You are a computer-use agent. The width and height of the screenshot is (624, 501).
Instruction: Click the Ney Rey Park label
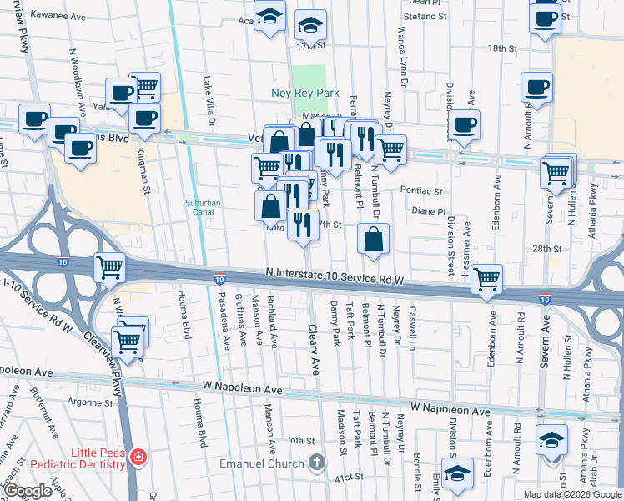click(x=302, y=93)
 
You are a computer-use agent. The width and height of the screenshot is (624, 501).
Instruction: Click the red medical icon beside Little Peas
click(x=138, y=458)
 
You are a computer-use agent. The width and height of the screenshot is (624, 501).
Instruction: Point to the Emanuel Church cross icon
click(x=316, y=462)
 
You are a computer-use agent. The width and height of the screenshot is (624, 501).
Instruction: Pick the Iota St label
click(x=299, y=440)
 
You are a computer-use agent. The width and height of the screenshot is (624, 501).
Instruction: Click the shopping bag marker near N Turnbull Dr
click(x=373, y=239)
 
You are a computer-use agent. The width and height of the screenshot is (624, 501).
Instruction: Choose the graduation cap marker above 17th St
click(x=310, y=24)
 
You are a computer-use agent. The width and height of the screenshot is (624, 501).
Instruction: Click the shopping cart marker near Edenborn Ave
click(x=486, y=279)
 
